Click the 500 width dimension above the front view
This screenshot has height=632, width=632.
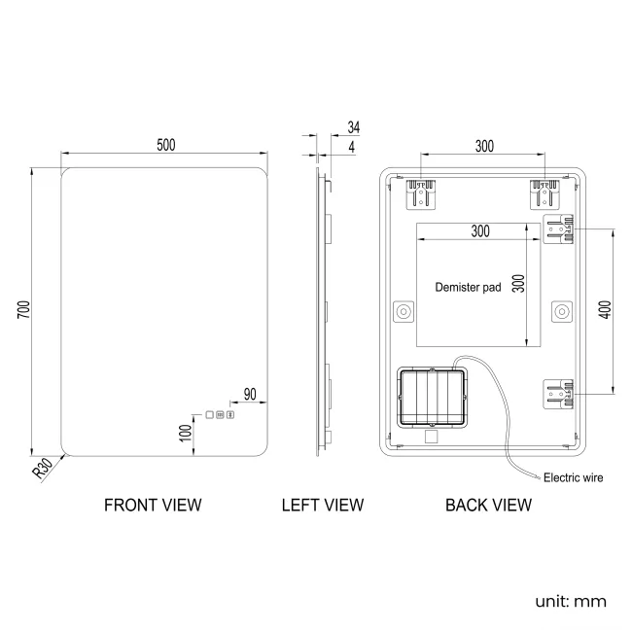166,145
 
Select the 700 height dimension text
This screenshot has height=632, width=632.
24,309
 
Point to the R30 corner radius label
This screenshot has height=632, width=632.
42,470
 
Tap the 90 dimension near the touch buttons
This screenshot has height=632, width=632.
249,394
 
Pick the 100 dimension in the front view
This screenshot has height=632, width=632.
185,432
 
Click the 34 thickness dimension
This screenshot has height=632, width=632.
352,127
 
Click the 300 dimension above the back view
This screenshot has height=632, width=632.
483,146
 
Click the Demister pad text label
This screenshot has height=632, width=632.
468,287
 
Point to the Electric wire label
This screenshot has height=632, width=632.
573,477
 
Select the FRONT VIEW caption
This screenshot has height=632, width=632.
153,505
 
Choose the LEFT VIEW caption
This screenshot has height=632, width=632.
323,505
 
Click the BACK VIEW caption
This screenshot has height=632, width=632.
488,505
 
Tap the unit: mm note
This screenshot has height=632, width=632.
571,601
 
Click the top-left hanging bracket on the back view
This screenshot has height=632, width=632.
422,193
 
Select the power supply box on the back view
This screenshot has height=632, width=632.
432,398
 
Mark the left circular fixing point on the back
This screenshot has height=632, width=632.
403,311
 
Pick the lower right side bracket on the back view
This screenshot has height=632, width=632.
558,396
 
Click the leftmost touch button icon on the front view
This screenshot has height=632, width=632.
208,416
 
